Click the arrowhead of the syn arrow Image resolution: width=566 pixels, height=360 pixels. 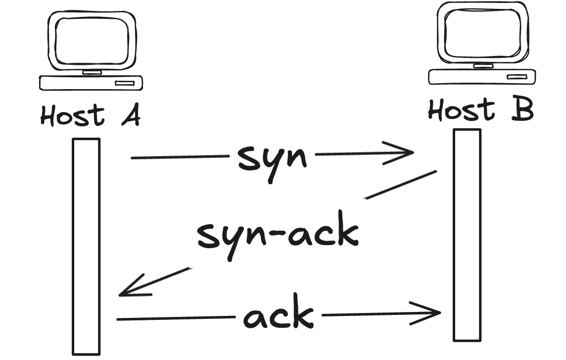click(406, 153)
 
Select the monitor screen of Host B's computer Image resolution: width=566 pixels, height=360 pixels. click(482, 33)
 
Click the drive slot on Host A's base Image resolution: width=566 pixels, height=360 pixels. click(125, 83)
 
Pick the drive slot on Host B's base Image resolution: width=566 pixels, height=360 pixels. click(517, 77)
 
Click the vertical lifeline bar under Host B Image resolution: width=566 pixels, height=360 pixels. click(467, 235)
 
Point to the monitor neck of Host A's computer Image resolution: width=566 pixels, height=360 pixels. click(92, 72)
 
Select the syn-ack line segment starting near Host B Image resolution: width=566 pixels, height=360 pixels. click(401, 185)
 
